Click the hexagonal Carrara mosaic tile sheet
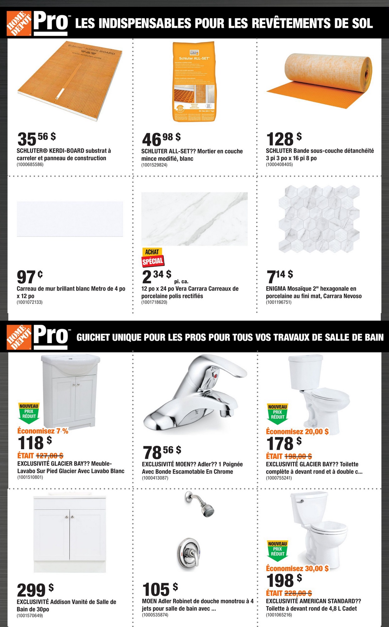click(x=319, y=219)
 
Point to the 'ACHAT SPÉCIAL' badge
click(x=153, y=257)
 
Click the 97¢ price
click(x=30, y=277)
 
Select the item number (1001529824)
click(x=154, y=165)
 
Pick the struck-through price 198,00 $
click(x=298, y=456)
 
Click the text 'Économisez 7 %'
click(x=43, y=431)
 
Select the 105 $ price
click(x=160, y=589)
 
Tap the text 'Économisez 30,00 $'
click(x=297, y=568)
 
